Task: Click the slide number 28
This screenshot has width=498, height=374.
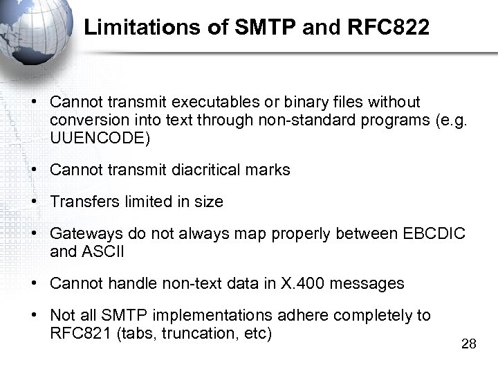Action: pyautogui.click(x=468, y=344)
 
